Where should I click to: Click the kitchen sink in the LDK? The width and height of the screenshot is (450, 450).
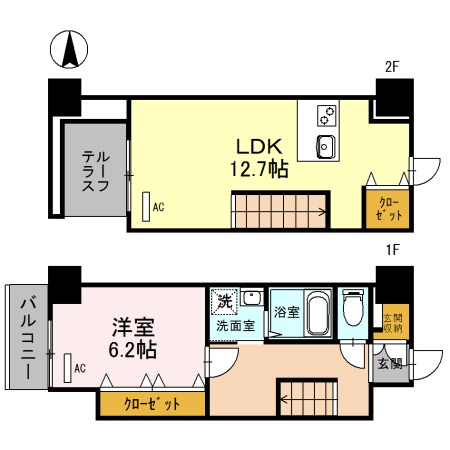pos(326,148)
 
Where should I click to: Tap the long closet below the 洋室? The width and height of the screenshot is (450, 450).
pos(152,404)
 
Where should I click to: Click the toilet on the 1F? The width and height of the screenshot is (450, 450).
pos(353,314)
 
